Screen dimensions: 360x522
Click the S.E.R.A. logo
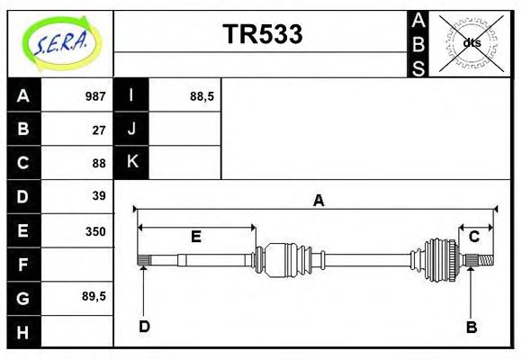click(x=60, y=42)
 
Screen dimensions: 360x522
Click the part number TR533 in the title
click(x=262, y=34)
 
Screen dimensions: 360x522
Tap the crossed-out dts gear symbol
click(x=471, y=42)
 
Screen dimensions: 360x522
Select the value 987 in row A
click(x=95, y=96)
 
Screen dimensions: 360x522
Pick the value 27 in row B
click(x=99, y=130)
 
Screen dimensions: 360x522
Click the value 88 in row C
click(x=99, y=163)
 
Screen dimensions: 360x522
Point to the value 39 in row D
click(x=99, y=195)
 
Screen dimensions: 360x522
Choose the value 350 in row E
click(x=95, y=230)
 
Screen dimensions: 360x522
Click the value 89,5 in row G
click(x=94, y=295)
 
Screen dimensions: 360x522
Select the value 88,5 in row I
click(x=202, y=96)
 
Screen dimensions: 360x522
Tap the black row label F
click(x=23, y=265)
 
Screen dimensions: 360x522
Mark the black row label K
click(x=131, y=162)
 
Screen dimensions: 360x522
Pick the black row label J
click(x=131, y=129)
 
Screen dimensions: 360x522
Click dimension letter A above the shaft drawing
click(x=318, y=201)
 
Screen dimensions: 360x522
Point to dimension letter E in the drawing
click(x=195, y=237)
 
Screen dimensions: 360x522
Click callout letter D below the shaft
click(x=144, y=327)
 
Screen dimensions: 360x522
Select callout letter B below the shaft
click(x=471, y=327)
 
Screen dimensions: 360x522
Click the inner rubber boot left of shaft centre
click(x=285, y=258)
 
